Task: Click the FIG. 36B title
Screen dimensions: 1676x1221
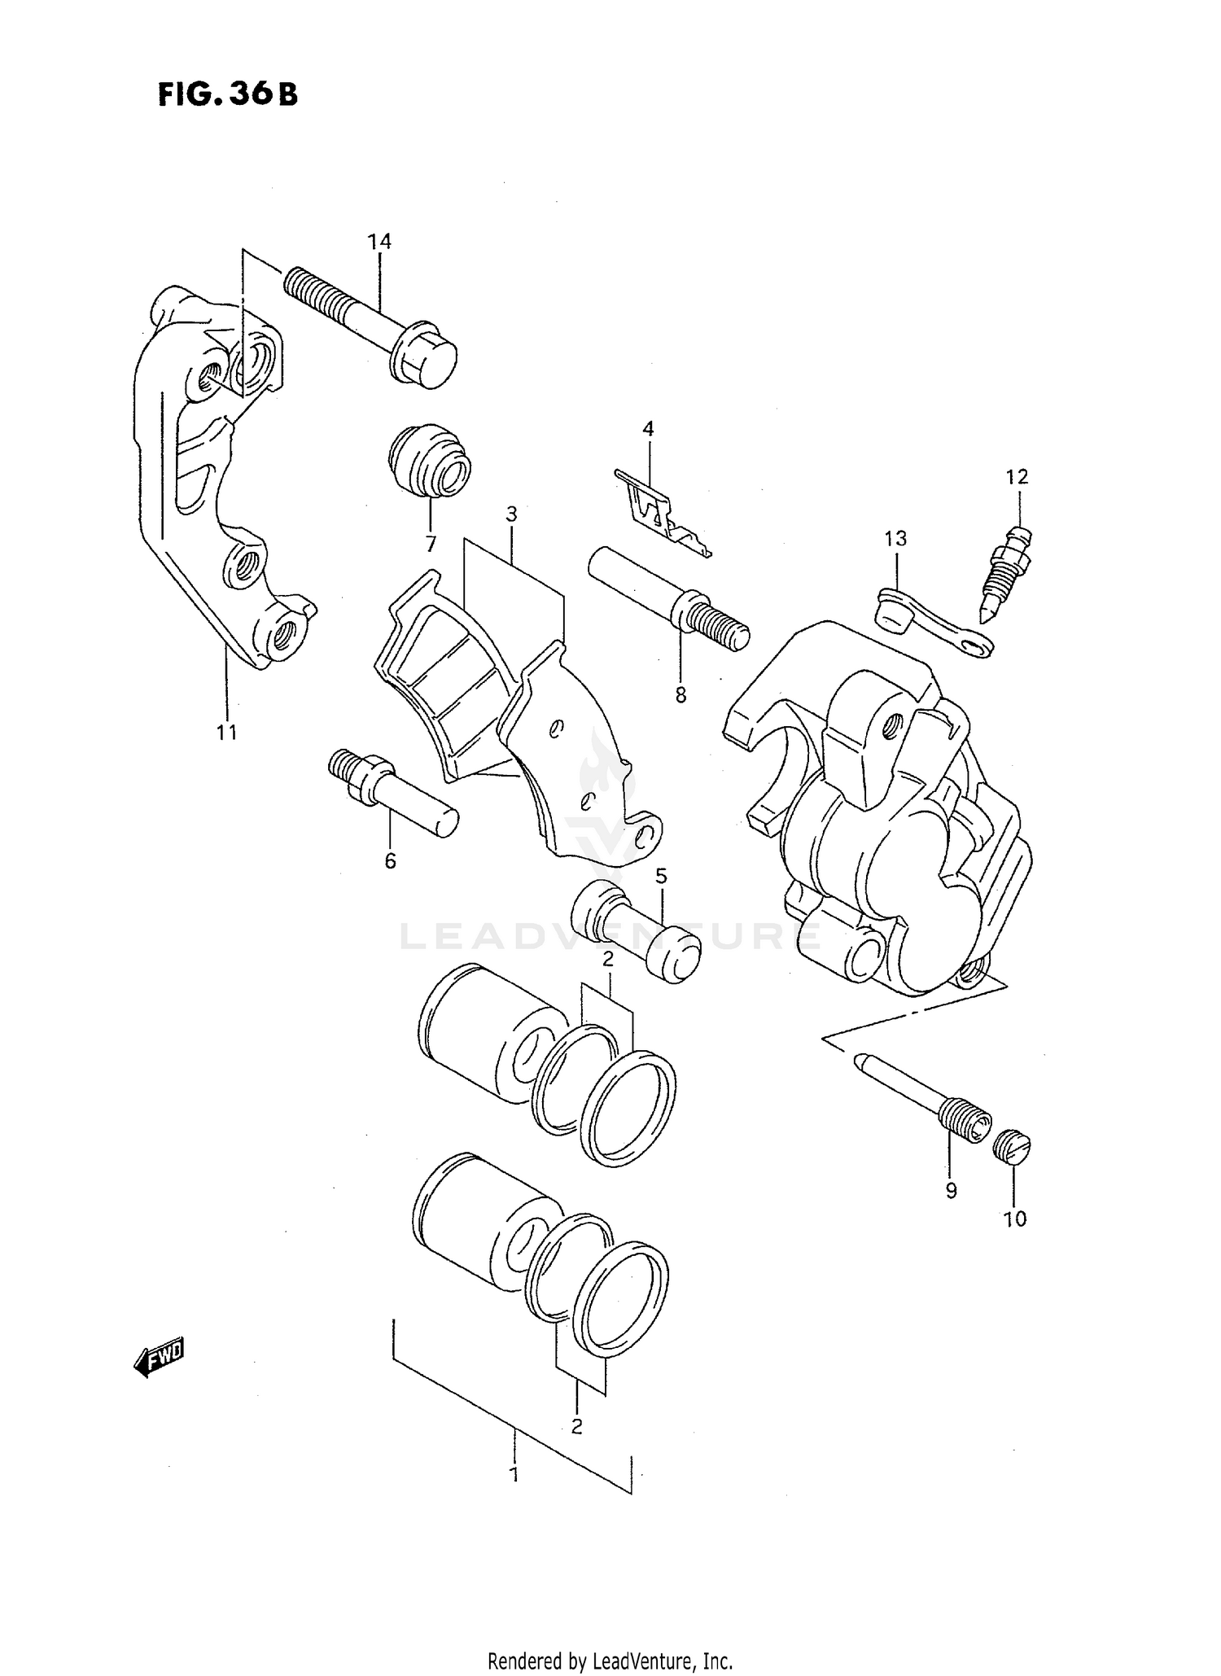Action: click(x=227, y=95)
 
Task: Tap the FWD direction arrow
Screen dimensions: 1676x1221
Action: click(x=160, y=1357)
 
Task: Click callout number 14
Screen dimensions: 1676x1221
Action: click(x=379, y=242)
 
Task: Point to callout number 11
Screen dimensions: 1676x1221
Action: click(x=226, y=733)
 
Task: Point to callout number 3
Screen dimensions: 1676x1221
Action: click(x=511, y=514)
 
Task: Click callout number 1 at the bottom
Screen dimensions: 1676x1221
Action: click(x=514, y=1473)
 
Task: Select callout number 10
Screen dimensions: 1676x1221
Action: click(x=1015, y=1219)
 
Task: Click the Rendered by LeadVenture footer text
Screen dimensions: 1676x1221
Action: click(x=610, y=1661)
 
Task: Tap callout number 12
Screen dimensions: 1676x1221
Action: click(x=1017, y=476)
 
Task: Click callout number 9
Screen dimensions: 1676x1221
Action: click(x=951, y=1191)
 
